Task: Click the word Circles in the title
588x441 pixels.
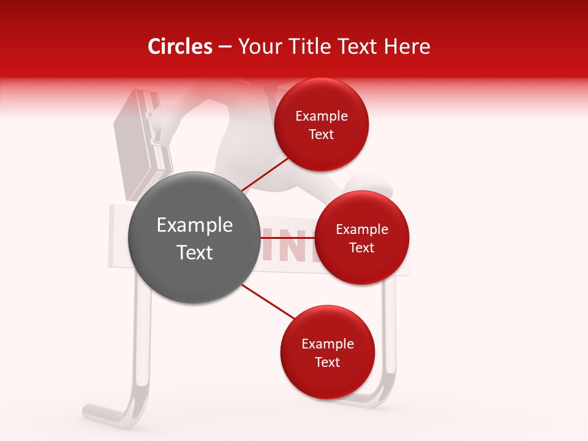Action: pyautogui.click(x=179, y=47)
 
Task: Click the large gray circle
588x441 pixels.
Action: pyautogui.click(x=194, y=238)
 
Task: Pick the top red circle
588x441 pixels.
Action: pyautogui.click(x=322, y=124)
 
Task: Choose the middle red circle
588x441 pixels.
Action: pyautogui.click(x=361, y=238)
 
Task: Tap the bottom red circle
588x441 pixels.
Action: pyautogui.click(x=327, y=352)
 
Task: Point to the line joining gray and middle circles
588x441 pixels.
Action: pyautogui.click(x=287, y=238)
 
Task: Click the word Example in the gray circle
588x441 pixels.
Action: pyautogui.click(x=195, y=225)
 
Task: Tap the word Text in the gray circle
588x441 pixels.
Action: pyautogui.click(x=195, y=252)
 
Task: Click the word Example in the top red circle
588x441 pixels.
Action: pyautogui.click(x=322, y=116)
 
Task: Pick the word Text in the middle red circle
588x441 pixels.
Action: pyautogui.click(x=361, y=247)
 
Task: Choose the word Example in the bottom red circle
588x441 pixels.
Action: pyautogui.click(x=327, y=344)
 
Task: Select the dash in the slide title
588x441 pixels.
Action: pyautogui.click(x=225, y=47)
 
